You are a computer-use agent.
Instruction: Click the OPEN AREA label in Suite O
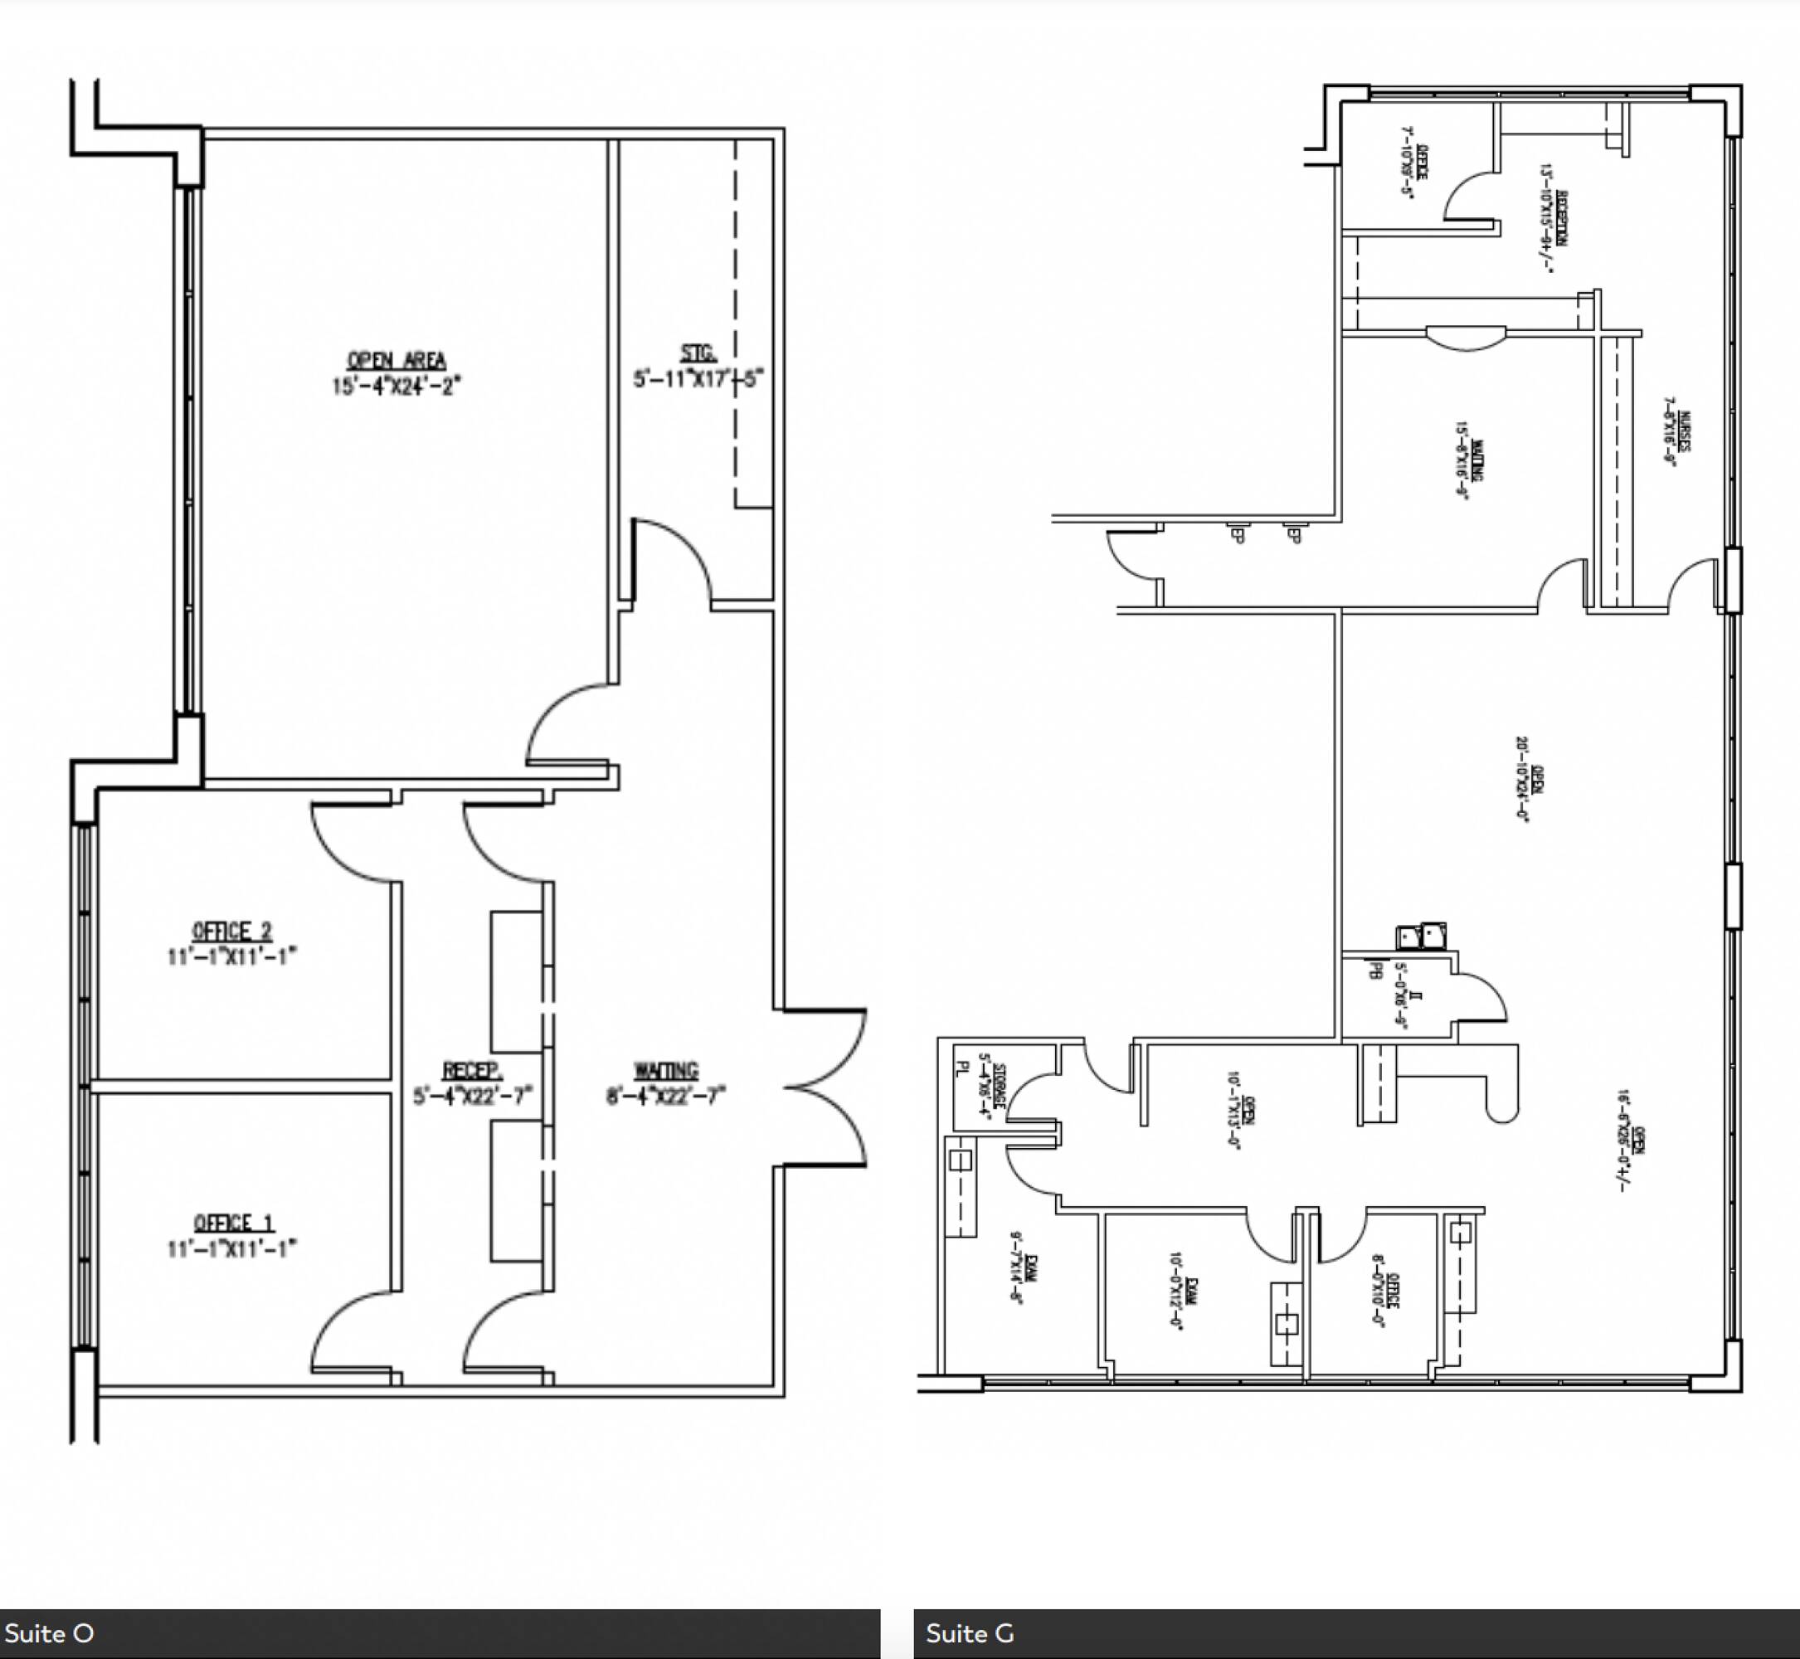(396, 360)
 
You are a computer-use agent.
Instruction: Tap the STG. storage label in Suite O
(698, 353)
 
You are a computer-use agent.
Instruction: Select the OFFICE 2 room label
(231, 931)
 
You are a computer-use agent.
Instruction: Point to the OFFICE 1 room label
(233, 1223)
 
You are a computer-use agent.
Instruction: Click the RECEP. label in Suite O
(472, 1070)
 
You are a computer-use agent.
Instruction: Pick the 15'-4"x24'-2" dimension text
(396, 386)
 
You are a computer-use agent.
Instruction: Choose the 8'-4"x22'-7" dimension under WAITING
(665, 1096)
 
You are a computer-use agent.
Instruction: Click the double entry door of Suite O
(826, 1088)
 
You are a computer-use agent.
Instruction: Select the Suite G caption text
(970, 1633)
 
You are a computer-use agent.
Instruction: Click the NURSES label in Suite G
(1684, 432)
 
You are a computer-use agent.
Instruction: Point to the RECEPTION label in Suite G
(1563, 217)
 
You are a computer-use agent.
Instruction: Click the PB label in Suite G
(1372, 971)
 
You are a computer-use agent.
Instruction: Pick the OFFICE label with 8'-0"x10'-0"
(1393, 1291)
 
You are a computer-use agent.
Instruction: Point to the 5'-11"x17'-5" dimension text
(698, 379)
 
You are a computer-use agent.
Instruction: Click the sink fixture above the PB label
(1420, 937)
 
